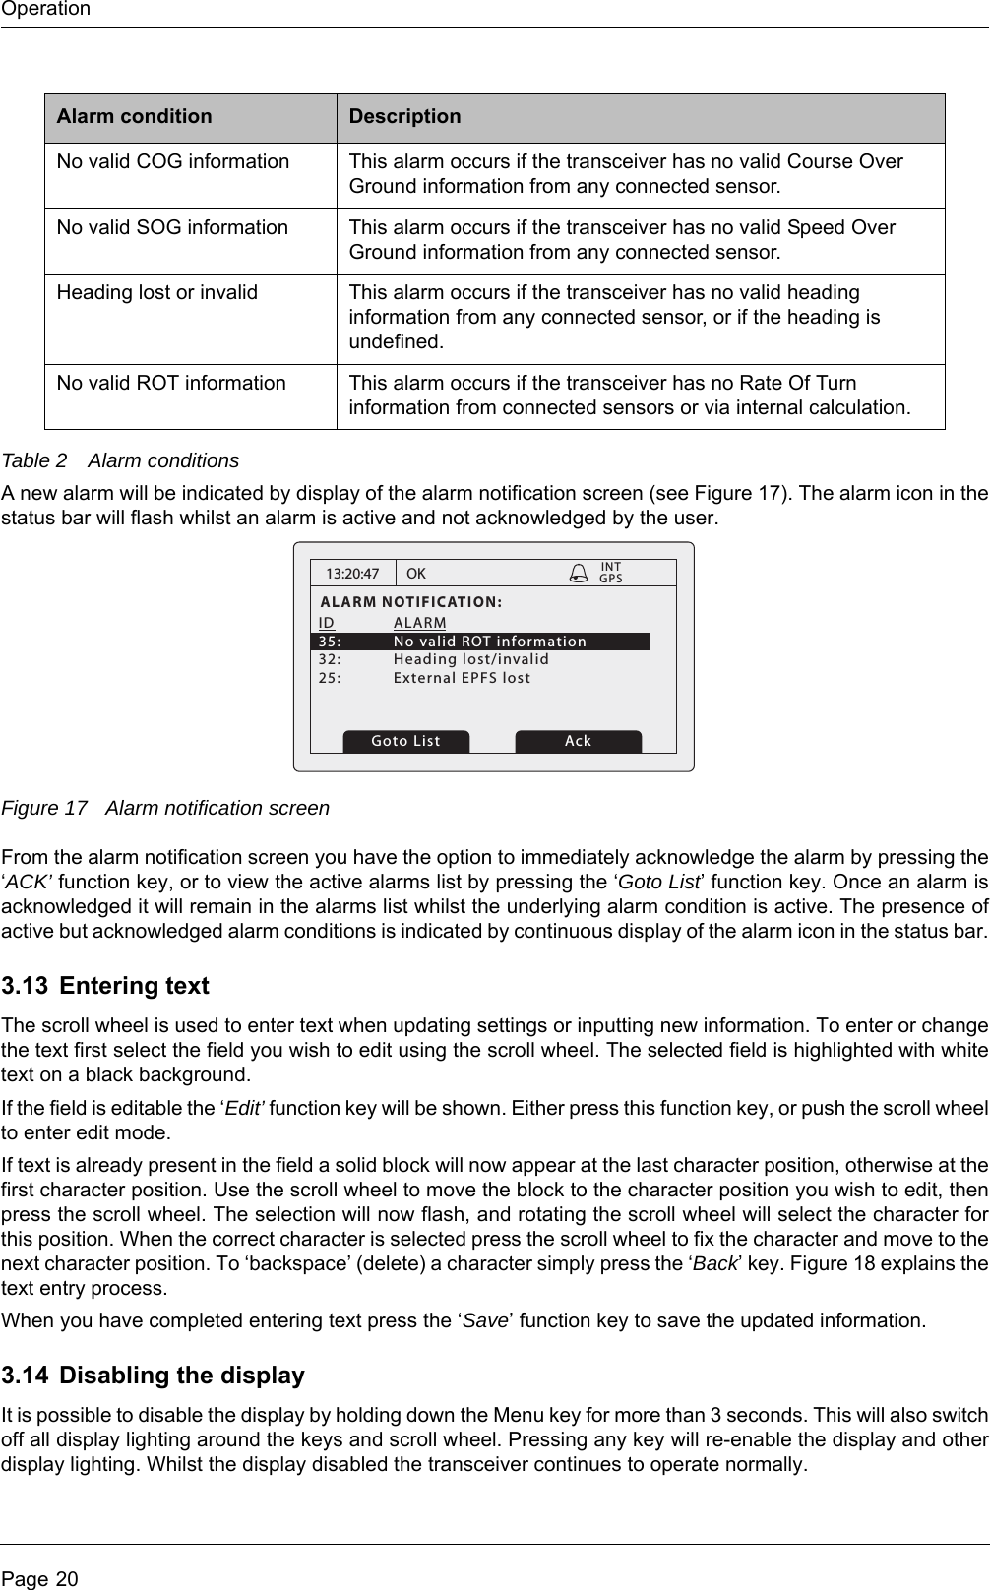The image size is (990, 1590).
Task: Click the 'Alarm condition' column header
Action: click(x=134, y=116)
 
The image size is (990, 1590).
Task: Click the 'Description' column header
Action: click(x=405, y=116)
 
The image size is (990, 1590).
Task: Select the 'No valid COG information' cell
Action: click(x=173, y=161)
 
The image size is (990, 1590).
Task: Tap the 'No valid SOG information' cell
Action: click(x=173, y=227)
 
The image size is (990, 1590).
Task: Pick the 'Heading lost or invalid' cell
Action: click(x=157, y=292)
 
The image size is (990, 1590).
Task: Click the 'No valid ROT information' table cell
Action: click(x=171, y=383)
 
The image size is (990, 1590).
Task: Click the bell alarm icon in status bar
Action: click(x=580, y=573)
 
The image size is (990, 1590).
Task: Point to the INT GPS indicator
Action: click(x=611, y=573)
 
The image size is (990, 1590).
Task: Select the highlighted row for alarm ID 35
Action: click(x=480, y=642)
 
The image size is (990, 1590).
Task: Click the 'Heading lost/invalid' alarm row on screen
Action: click(x=470, y=659)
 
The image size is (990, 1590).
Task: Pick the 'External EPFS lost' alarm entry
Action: click(x=462, y=678)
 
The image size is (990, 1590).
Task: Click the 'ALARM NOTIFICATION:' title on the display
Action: click(x=411, y=601)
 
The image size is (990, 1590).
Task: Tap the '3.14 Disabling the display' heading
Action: click(x=154, y=1376)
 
